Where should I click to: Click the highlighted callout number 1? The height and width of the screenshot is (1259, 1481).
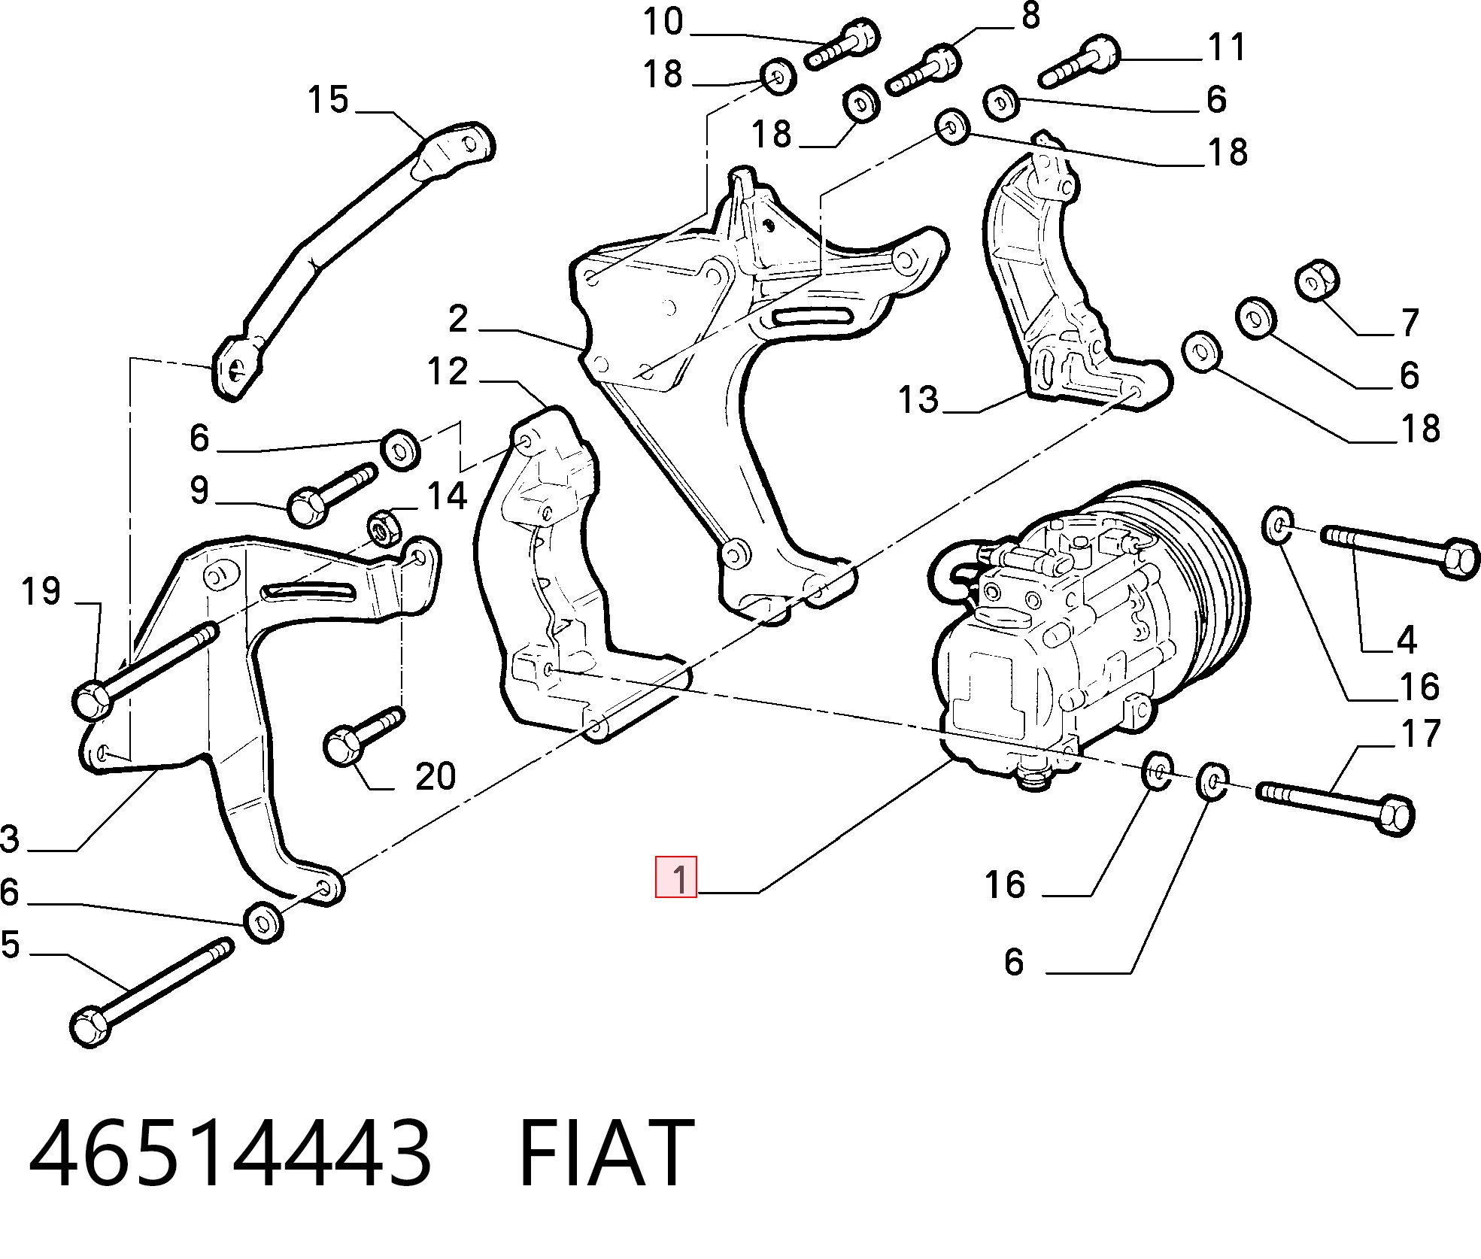click(676, 877)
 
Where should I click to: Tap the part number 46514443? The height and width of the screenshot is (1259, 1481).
click(230, 1152)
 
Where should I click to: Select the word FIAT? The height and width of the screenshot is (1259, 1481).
click(606, 1152)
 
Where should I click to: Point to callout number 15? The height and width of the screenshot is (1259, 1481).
click(329, 99)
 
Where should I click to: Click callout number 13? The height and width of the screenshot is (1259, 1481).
click(918, 399)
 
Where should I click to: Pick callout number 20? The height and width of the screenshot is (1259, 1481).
click(436, 775)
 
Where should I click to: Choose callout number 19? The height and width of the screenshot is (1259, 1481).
click(41, 591)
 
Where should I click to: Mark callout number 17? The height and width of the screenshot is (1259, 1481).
click(1421, 733)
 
